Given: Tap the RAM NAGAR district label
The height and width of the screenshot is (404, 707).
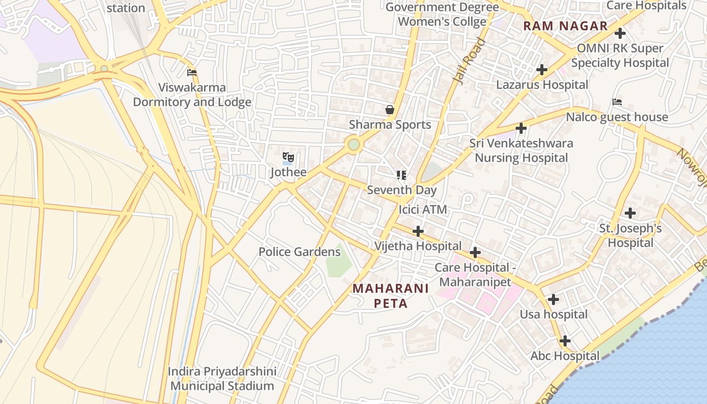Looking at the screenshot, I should tap(566, 26).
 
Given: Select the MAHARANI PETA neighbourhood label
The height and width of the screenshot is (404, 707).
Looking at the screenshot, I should tap(390, 296).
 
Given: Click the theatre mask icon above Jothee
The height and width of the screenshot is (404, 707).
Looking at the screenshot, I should tap(288, 157).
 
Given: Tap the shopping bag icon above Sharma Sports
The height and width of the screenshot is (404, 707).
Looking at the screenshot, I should tap(390, 110).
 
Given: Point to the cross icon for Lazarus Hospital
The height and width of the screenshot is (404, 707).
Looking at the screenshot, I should tap(542, 70).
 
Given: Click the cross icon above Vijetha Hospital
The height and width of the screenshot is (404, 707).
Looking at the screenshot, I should tap(418, 231).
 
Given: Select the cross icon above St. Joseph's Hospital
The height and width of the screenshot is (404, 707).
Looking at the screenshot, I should tap(630, 213).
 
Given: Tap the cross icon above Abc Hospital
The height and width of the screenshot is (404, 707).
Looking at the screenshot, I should tap(565, 341).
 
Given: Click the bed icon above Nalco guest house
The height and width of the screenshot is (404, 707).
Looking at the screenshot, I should tap(617, 102).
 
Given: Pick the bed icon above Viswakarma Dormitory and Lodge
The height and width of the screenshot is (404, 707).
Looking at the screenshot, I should tap(191, 73).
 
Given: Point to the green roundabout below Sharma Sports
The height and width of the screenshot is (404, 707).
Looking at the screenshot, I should tap(354, 145).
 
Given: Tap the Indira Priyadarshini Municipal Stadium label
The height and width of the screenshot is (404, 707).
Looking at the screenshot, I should tap(222, 379).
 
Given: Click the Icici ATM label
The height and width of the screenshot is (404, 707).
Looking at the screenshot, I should tap(423, 209).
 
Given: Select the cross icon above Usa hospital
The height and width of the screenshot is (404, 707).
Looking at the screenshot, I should tap(553, 299).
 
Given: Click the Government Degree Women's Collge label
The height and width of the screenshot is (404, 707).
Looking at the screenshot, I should tap(442, 14).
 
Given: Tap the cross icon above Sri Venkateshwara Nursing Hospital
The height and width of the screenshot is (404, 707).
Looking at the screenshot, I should tap(521, 128).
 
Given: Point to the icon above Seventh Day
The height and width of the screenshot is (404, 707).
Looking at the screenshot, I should tap(401, 175).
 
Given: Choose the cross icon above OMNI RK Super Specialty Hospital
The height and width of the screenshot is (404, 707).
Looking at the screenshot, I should tap(620, 34).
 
